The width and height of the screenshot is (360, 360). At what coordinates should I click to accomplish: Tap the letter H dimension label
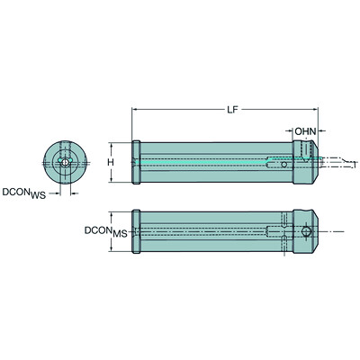click(x=111, y=162)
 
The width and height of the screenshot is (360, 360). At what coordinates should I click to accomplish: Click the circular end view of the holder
click(x=62, y=162)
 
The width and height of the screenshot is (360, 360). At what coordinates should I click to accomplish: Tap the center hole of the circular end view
click(x=62, y=163)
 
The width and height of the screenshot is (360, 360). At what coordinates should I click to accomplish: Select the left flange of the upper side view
click(x=136, y=163)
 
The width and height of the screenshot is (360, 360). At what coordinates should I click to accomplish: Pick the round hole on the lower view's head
click(x=308, y=233)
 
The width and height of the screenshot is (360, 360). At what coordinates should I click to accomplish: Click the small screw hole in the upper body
click(x=284, y=166)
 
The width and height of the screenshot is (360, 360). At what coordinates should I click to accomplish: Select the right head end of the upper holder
click(x=306, y=162)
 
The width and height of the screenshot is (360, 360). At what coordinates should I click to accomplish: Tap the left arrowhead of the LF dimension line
click(x=136, y=111)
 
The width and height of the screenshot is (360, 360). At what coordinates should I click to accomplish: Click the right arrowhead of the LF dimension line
click(x=316, y=111)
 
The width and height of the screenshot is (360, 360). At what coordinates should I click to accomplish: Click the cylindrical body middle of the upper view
click(x=216, y=163)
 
